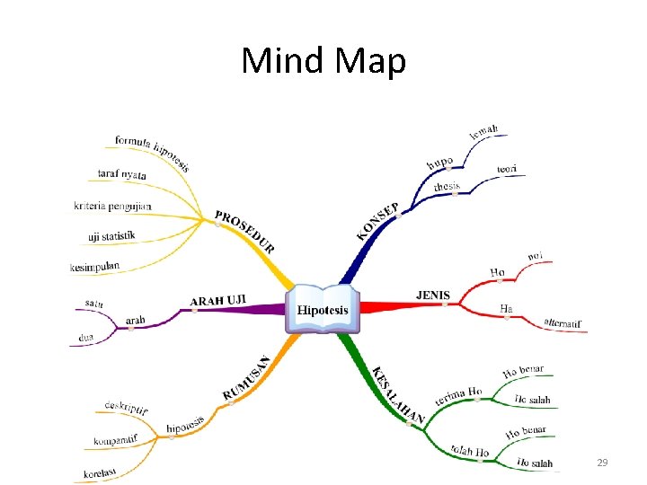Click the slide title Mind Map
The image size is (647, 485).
323,61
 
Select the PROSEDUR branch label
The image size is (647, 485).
244,232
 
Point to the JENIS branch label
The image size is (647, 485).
433,294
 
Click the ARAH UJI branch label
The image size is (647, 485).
218,299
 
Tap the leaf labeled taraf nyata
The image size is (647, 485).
121,174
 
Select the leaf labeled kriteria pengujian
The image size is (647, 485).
112,206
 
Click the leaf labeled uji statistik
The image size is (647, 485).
111,236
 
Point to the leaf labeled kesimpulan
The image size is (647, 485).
94,266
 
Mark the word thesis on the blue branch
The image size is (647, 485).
447,187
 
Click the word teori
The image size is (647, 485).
507,169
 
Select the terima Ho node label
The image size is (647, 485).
458,395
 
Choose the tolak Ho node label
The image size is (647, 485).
470,450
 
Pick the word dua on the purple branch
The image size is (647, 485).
86,338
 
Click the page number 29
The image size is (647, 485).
602,463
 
